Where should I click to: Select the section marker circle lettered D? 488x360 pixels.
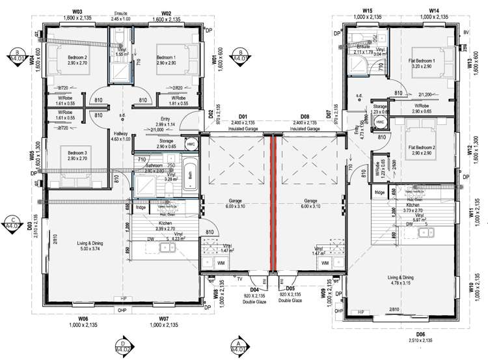click(x=123, y=345)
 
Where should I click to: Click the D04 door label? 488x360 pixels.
click(x=254, y=288)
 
